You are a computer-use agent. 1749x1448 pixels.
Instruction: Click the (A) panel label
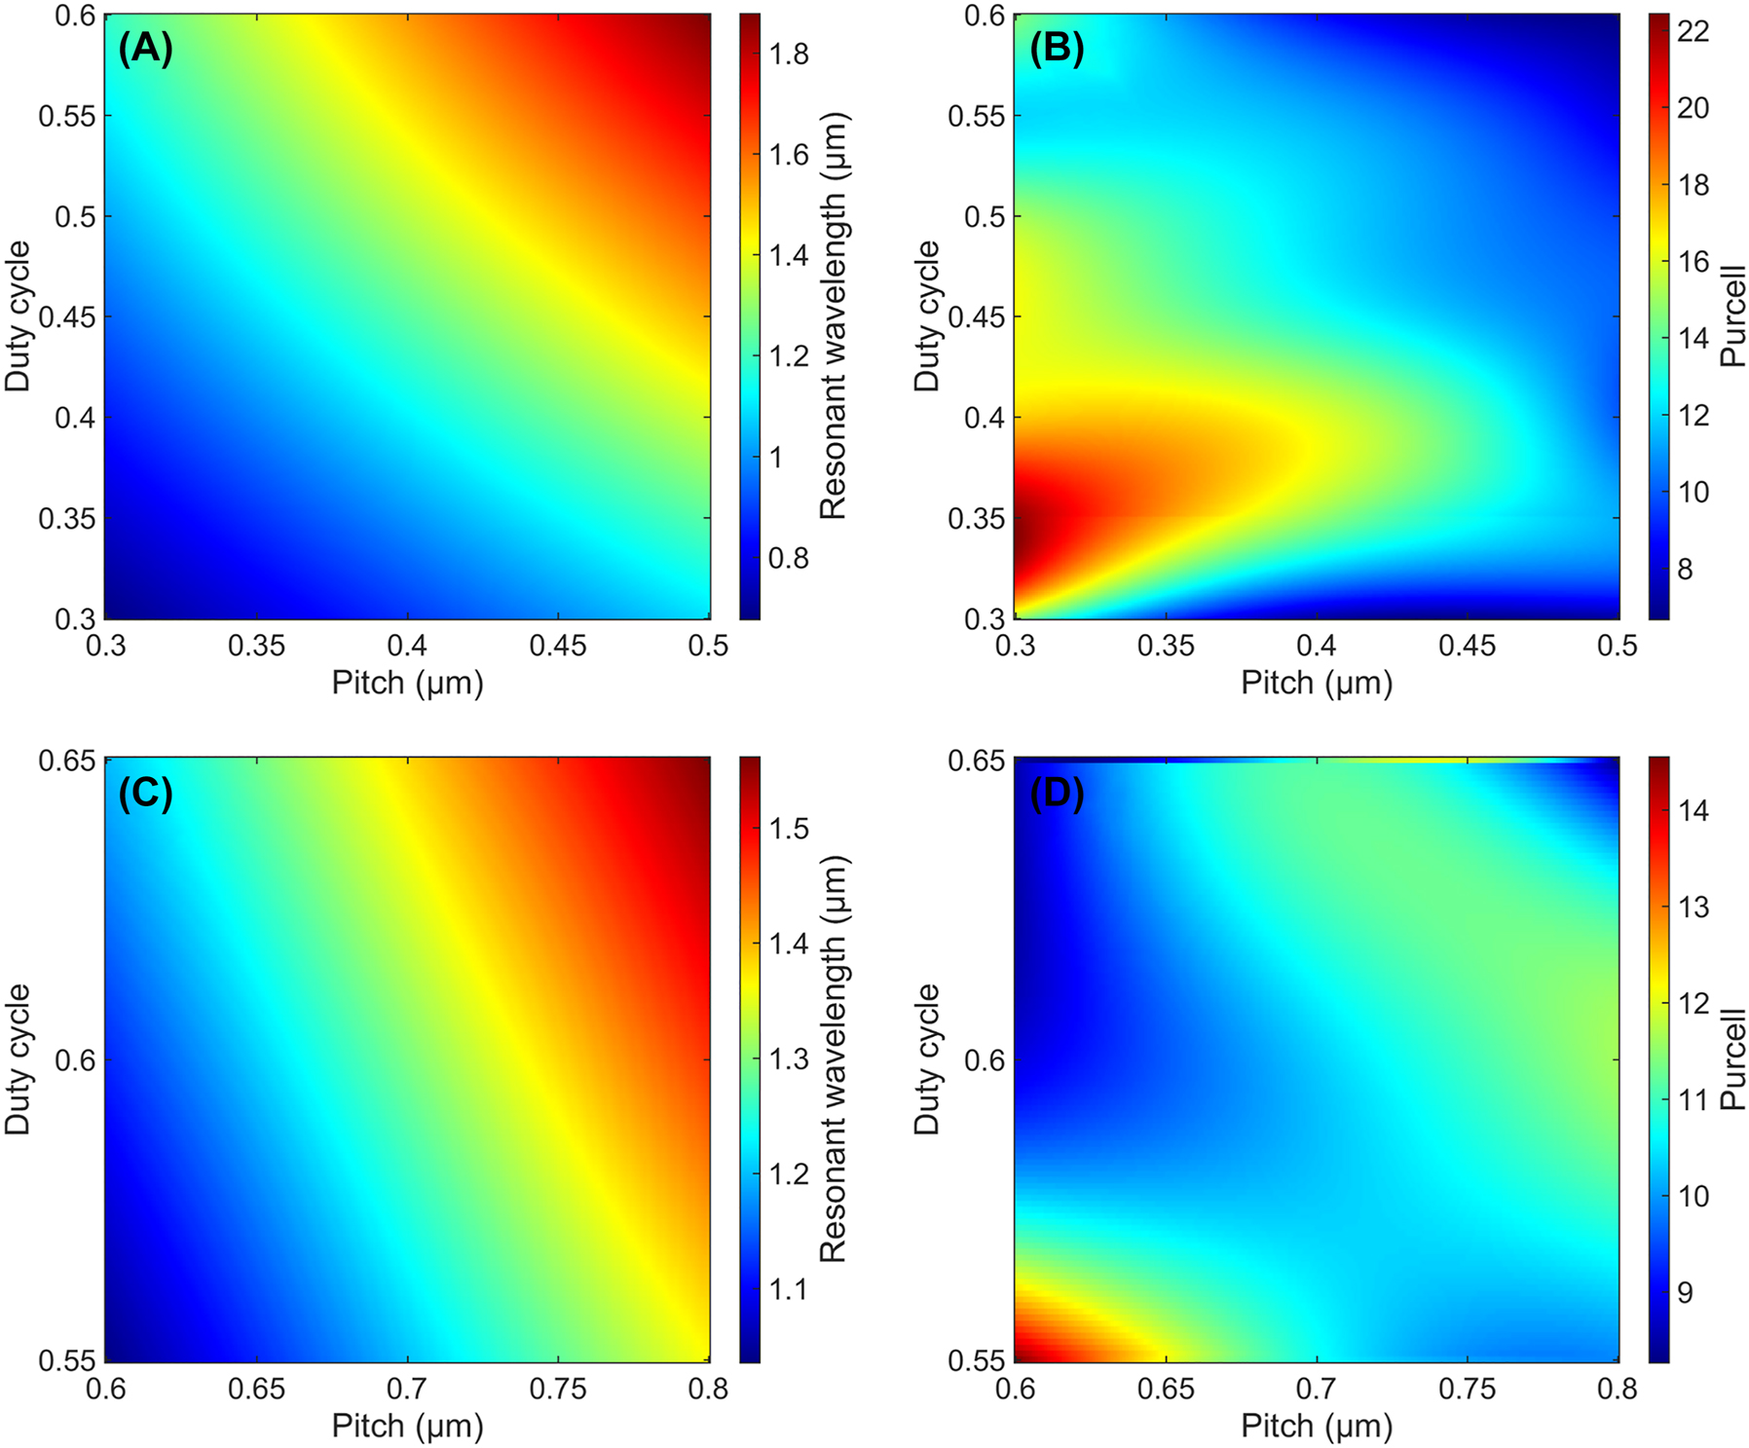coord(145,48)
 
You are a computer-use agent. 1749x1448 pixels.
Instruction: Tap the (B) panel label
coord(1057,48)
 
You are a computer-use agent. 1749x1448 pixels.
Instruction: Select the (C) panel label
coord(145,794)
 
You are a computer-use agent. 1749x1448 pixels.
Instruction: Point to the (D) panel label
coord(1057,794)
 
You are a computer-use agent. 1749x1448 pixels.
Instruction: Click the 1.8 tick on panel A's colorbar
coord(788,54)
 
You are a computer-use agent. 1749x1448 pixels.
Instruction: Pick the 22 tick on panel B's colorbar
coord(1693,31)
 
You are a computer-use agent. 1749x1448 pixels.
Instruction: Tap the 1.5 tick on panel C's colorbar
coord(788,829)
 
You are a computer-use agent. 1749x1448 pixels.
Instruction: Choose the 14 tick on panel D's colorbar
coord(1693,810)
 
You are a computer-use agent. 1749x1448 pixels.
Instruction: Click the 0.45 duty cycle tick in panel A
coord(68,317)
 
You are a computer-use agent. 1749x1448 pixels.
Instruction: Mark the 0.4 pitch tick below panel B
coord(1317,646)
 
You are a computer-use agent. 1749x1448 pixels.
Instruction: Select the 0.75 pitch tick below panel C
coord(558,1389)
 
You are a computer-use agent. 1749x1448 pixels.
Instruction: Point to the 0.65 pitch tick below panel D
coord(1166,1389)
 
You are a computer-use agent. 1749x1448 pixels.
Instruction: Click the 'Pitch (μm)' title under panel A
coord(407,683)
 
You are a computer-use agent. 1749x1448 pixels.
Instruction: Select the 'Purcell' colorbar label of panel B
coord(1732,316)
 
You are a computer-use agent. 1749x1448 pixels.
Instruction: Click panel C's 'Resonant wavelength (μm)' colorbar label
coord(834,1058)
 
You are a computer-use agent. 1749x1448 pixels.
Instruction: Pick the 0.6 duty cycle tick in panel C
coord(75,1059)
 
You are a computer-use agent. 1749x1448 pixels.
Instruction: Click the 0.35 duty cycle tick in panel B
coord(978,518)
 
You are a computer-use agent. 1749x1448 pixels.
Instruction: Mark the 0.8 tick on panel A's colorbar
coord(788,558)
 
